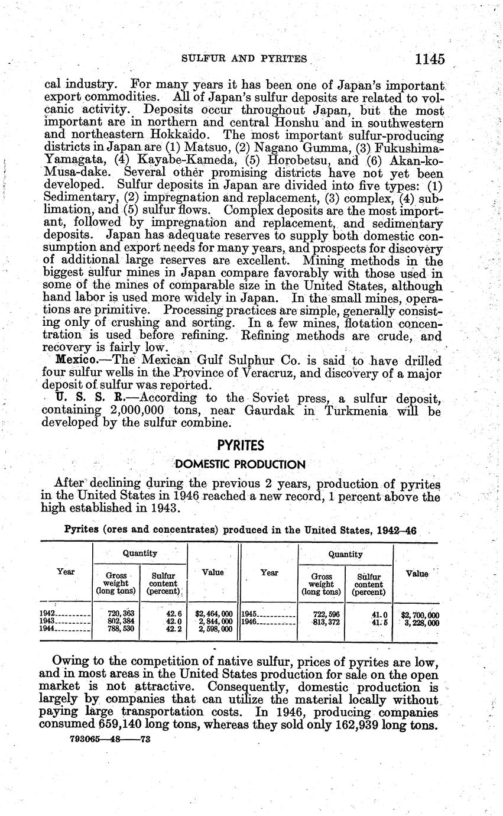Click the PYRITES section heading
(x=242, y=445)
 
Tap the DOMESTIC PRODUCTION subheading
(x=241, y=464)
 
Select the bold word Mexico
(x=74, y=360)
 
